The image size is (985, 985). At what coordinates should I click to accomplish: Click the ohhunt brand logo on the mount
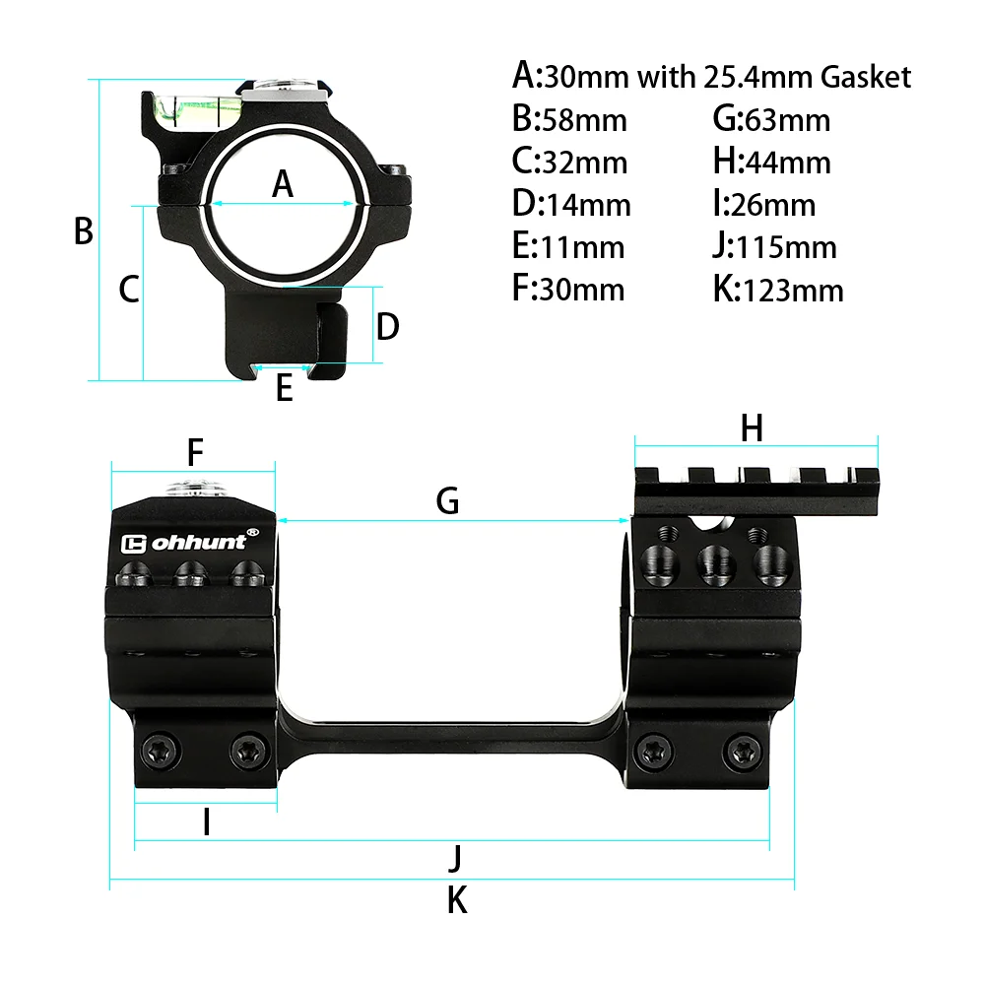pos(189,543)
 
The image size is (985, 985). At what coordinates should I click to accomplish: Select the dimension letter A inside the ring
pos(283,183)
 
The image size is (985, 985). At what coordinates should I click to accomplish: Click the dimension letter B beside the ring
pos(84,231)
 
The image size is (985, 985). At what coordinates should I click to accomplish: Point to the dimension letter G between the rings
pos(448,501)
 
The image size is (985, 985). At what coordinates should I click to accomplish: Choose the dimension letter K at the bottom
pos(456,899)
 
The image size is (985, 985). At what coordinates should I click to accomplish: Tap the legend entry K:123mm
pos(778,290)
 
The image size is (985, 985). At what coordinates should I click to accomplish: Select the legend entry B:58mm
pos(569,119)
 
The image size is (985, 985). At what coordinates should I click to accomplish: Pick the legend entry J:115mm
pos(774,246)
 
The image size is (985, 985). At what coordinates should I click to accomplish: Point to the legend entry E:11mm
pos(568,246)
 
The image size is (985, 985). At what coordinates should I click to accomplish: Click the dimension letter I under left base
pos(206,822)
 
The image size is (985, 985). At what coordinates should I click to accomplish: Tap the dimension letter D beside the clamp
pos(387,326)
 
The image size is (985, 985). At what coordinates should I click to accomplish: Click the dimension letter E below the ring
pos(284,388)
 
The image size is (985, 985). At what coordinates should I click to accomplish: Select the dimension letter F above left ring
pos(195,453)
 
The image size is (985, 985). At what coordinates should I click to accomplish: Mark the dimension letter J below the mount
pos(454,858)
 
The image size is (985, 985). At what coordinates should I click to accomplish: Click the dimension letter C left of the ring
pos(129,290)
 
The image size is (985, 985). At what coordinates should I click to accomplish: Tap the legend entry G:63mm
pos(771,119)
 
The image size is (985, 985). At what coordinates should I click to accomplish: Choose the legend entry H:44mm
pos(771,162)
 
